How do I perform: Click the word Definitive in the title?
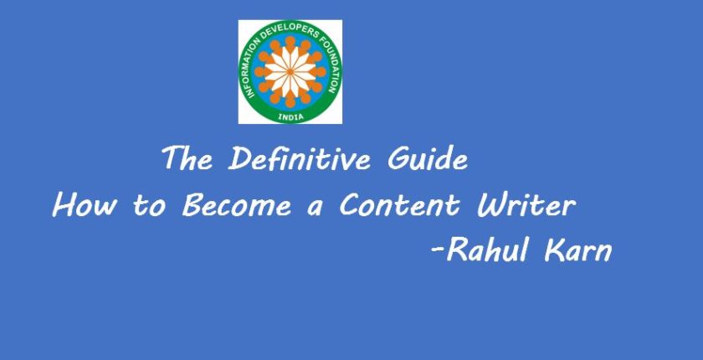300,158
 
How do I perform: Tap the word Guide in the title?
428,158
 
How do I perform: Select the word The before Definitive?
187,158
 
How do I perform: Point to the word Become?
237,205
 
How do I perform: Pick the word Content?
399,205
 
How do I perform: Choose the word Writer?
526,205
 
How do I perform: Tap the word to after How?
150,207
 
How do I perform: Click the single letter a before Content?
316,209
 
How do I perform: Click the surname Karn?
578,250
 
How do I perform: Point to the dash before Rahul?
437,252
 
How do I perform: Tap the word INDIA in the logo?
290,117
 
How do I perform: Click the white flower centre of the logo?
290,72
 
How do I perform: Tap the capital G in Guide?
398,159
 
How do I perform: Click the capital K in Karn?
555,250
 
